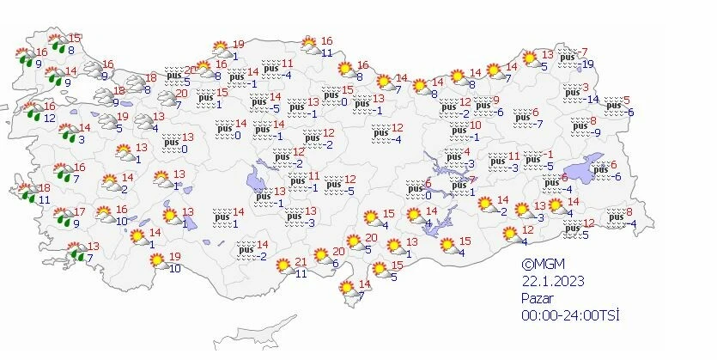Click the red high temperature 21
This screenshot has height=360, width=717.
[x=301, y=263]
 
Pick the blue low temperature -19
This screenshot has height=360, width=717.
[x=587, y=64]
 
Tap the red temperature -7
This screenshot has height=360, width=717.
[x=583, y=52]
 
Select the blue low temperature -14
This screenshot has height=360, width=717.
[x=592, y=100]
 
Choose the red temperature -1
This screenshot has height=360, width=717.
[x=555, y=155]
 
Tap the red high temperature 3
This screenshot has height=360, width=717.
[x=586, y=88]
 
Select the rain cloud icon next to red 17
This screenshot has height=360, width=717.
[x=62, y=217]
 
